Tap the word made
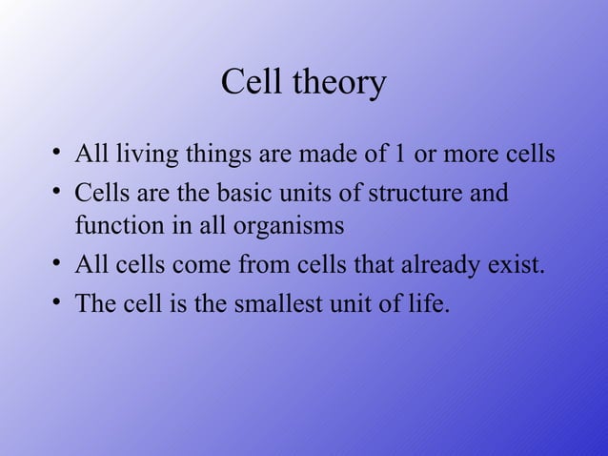click(318, 154)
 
